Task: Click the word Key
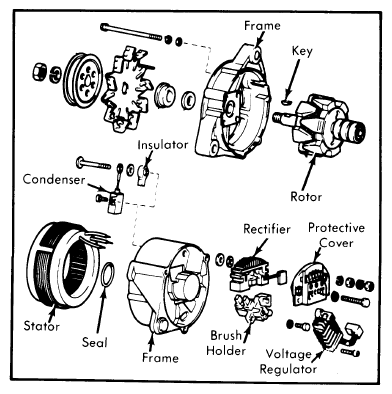point(302,52)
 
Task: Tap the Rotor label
point(306,196)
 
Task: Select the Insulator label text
point(163,145)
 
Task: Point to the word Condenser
point(54,180)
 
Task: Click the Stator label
point(42,326)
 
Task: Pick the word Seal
point(95,342)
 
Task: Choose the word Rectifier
point(267,229)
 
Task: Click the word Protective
point(336,228)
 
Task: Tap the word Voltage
point(288,354)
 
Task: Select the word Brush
point(226,335)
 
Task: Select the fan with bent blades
point(125,88)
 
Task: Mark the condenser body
point(114,203)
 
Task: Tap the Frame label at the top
point(262,26)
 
